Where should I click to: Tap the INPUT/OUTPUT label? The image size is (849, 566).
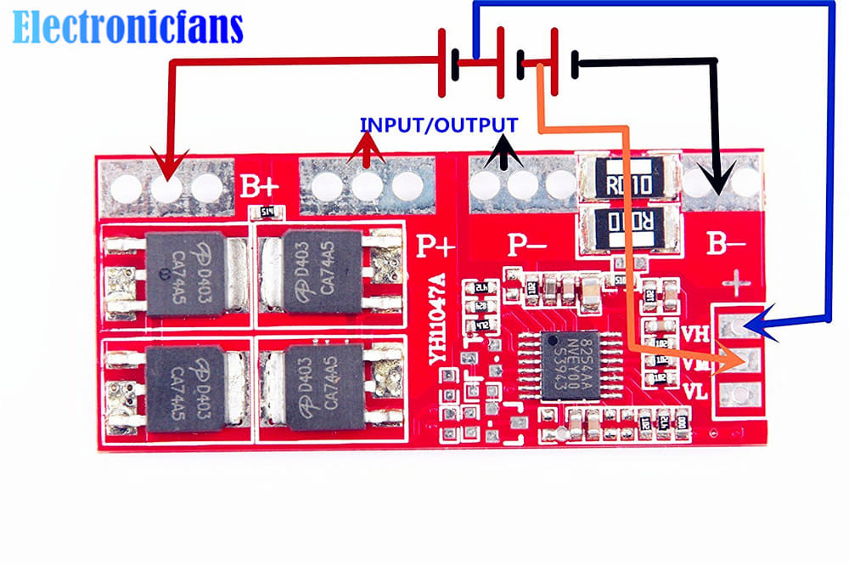[439, 124]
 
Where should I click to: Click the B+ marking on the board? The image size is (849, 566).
[256, 186]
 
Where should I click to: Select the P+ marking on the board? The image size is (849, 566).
[436, 246]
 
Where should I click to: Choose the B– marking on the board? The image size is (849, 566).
[727, 246]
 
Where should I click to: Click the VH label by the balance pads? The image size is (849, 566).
[695, 334]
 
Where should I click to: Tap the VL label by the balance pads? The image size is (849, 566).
[695, 393]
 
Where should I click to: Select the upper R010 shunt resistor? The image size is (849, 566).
[628, 182]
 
